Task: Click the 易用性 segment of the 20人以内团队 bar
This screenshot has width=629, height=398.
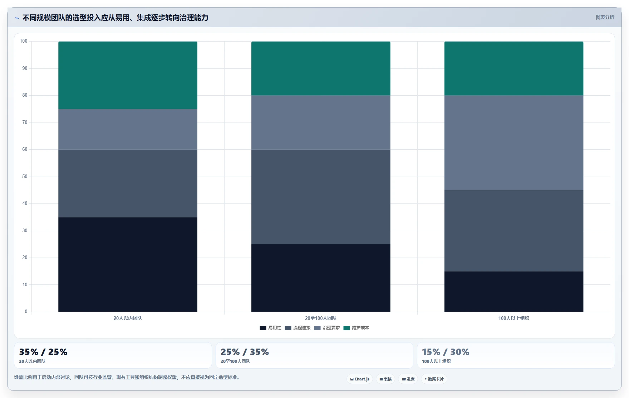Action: tap(128, 264)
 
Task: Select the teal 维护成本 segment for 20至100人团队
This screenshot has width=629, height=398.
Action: tap(321, 68)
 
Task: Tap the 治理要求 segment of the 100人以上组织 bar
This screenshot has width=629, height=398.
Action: tap(514, 143)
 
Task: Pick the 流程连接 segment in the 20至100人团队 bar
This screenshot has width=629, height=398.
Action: tap(321, 197)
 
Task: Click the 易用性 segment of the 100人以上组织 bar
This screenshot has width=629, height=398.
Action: tap(514, 291)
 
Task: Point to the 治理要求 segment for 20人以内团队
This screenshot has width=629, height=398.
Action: tap(128, 129)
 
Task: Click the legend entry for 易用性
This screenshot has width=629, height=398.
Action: tap(270, 328)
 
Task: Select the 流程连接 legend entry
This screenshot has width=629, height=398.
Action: tap(298, 328)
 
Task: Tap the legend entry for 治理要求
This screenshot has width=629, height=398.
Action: tap(327, 328)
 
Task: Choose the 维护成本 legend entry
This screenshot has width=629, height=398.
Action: tap(356, 328)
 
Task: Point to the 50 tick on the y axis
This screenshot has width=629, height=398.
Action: tap(25, 177)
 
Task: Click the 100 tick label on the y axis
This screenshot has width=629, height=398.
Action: tap(24, 41)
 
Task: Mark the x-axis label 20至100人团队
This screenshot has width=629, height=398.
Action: tap(321, 318)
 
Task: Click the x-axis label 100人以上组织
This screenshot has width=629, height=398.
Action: tap(514, 318)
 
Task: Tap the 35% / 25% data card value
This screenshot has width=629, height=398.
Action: tap(43, 352)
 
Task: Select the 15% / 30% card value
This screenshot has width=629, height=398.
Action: tap(446, 352)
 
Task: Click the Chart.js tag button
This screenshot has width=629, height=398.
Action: tap(360, 379)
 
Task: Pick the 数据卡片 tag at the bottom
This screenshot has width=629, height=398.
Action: tap(434, 379)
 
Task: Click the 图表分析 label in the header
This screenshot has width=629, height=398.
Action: tap(605, 17)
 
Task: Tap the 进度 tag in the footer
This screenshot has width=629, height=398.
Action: tap(408, 379)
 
